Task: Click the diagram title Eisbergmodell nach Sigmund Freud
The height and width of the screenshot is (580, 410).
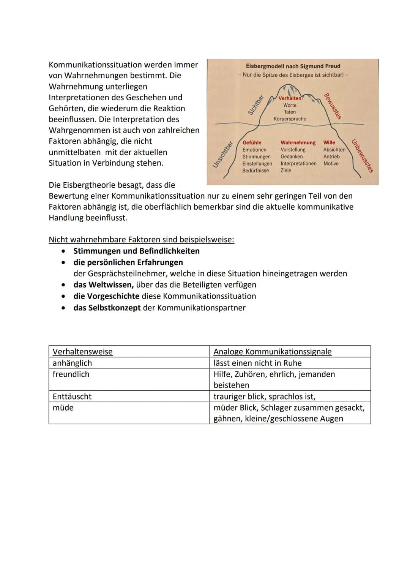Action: click(293, 66)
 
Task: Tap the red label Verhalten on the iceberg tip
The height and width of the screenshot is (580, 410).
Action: click(290, 98)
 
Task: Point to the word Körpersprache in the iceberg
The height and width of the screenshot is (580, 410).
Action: click(290, 119)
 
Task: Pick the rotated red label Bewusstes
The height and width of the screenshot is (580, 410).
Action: click(333, 106)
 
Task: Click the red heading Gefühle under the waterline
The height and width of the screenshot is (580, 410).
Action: click(252, 142)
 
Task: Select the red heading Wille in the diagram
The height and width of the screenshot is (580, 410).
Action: click(329, 142)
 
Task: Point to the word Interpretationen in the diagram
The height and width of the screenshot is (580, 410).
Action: click(298, 163)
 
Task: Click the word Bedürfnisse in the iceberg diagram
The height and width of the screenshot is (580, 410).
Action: click(255, 171)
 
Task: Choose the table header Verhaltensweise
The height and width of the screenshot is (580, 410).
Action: click(82, 352)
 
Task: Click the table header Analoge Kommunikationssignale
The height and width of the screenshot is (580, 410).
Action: click(272, 352)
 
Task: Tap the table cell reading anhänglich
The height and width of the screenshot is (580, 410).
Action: click(72, 363)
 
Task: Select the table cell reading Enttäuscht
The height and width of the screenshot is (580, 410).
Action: click(72, 397)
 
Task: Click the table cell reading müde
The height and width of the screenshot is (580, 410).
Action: click(63, 408)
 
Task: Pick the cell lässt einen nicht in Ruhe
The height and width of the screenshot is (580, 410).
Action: click(257, 363)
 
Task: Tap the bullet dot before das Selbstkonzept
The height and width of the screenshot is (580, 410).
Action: click(63, 308)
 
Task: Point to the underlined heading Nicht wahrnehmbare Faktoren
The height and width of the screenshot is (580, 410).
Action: click(141, 240)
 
